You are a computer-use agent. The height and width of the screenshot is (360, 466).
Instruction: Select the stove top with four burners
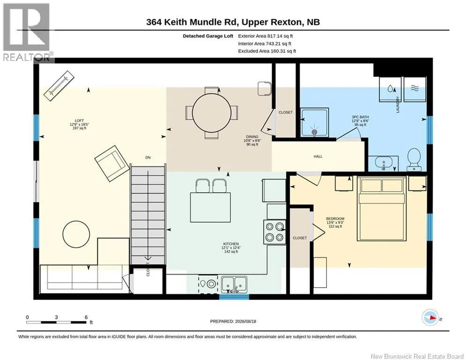point(274,232)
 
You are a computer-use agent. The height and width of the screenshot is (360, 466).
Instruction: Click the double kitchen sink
point(234,285)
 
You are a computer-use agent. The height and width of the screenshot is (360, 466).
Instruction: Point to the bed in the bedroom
point(381,208)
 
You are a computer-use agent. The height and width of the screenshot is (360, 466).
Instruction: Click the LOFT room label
point(79,121)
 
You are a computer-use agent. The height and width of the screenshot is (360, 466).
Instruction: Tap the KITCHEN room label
point(231,244)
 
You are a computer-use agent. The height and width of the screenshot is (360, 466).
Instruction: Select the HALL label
point(318,157)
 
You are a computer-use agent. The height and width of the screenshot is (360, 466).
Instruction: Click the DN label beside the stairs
point(148,157)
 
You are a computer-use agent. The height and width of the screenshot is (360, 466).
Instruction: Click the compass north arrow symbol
point(430,317)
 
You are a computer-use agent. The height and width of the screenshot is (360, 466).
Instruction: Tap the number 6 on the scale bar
point(86,317)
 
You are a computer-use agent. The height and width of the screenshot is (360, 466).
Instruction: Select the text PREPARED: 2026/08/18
point(233,321)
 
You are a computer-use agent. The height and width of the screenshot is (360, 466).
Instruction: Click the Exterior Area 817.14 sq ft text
point(266,36)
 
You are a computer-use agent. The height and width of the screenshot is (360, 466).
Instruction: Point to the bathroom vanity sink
point(384,163)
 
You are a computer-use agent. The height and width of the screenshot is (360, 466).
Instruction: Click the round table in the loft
point(76,234)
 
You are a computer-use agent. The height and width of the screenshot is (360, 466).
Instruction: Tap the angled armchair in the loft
point(110,163)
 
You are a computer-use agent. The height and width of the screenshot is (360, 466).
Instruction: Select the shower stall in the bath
point(314,122)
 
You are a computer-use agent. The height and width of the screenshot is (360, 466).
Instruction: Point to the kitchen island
point(210,207)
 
